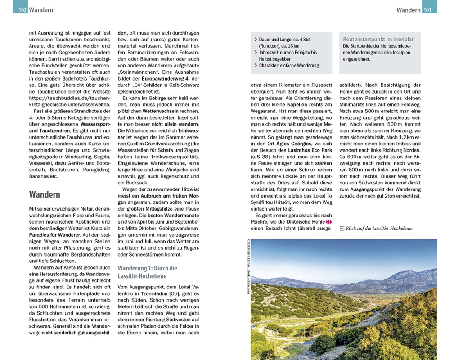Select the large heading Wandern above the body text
[x=45, y=195]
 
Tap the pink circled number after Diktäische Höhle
[x=328, y=222]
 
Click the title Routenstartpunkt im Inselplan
[x=379, y=40]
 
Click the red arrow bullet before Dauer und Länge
[x=256, y=40]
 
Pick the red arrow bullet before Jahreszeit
[x=256, y=53]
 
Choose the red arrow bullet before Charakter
[x=256, y=66]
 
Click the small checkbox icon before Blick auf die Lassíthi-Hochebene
[x=342, y=229]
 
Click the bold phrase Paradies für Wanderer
[x=56, y=235]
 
